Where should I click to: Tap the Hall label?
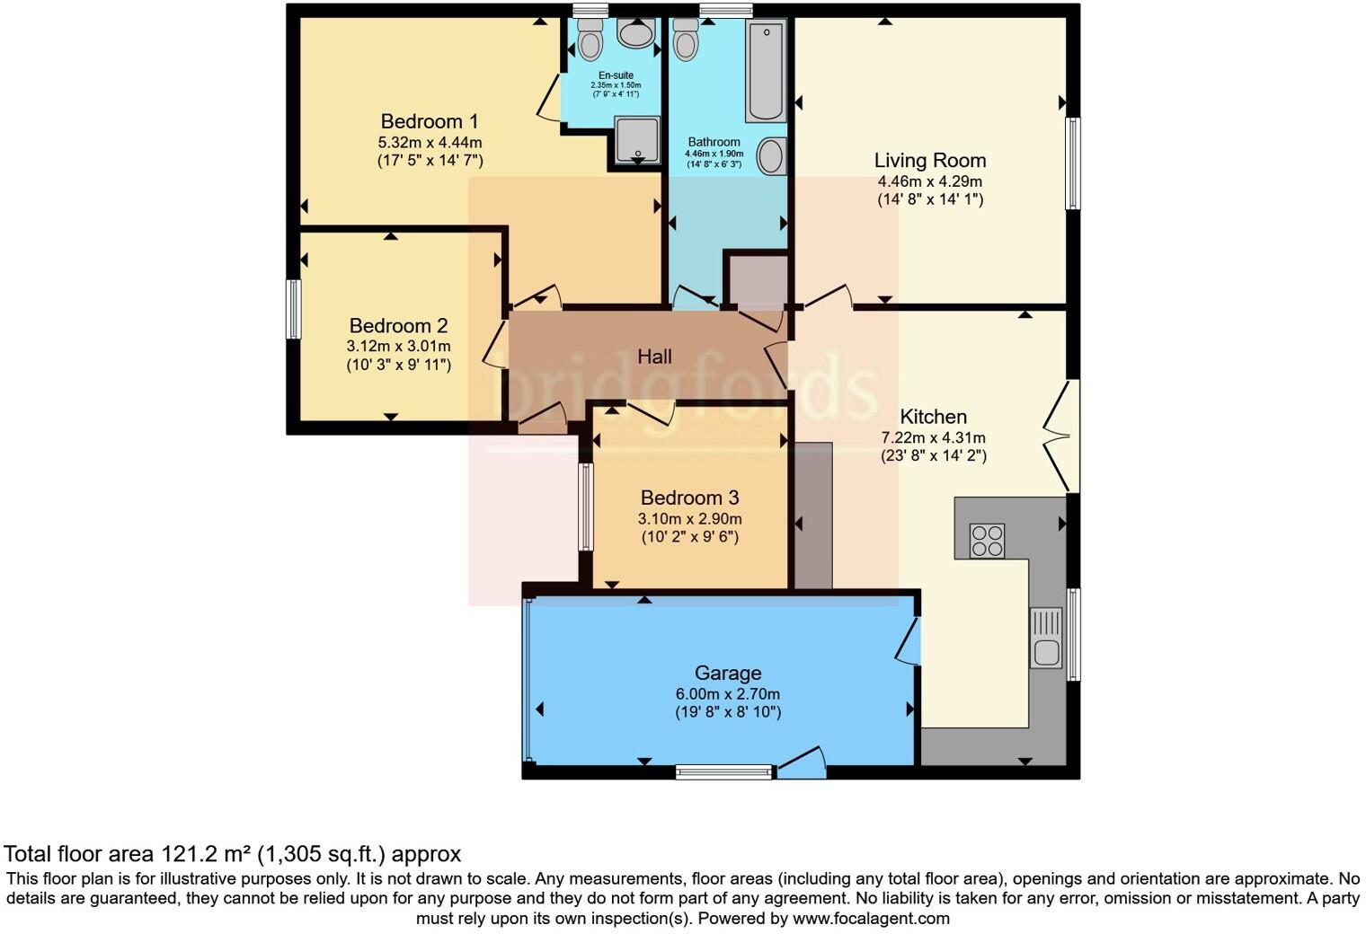tap(654, 357)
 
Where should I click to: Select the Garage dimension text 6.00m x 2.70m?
tap(728, 694)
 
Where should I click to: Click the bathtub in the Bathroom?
tap(766, 70)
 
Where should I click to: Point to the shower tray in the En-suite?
tap(637, 140)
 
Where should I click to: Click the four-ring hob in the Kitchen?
tap(988, 541)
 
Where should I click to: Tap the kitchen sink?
tap(1046, 638)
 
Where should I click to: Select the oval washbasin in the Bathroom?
tap(771, 156)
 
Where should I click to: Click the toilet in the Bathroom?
tap(686, 39)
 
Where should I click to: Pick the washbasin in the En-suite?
tap(636, 33)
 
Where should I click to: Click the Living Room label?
tap(930, 160)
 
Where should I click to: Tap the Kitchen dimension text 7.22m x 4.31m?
tap(933, 437)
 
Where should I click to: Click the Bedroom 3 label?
tap(689, 498)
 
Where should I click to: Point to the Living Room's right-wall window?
tap(1073, 163)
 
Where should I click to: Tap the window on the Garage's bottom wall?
tap(723, 772)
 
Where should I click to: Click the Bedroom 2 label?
tap(398, 325)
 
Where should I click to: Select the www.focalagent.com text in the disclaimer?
tap(872, 918)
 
